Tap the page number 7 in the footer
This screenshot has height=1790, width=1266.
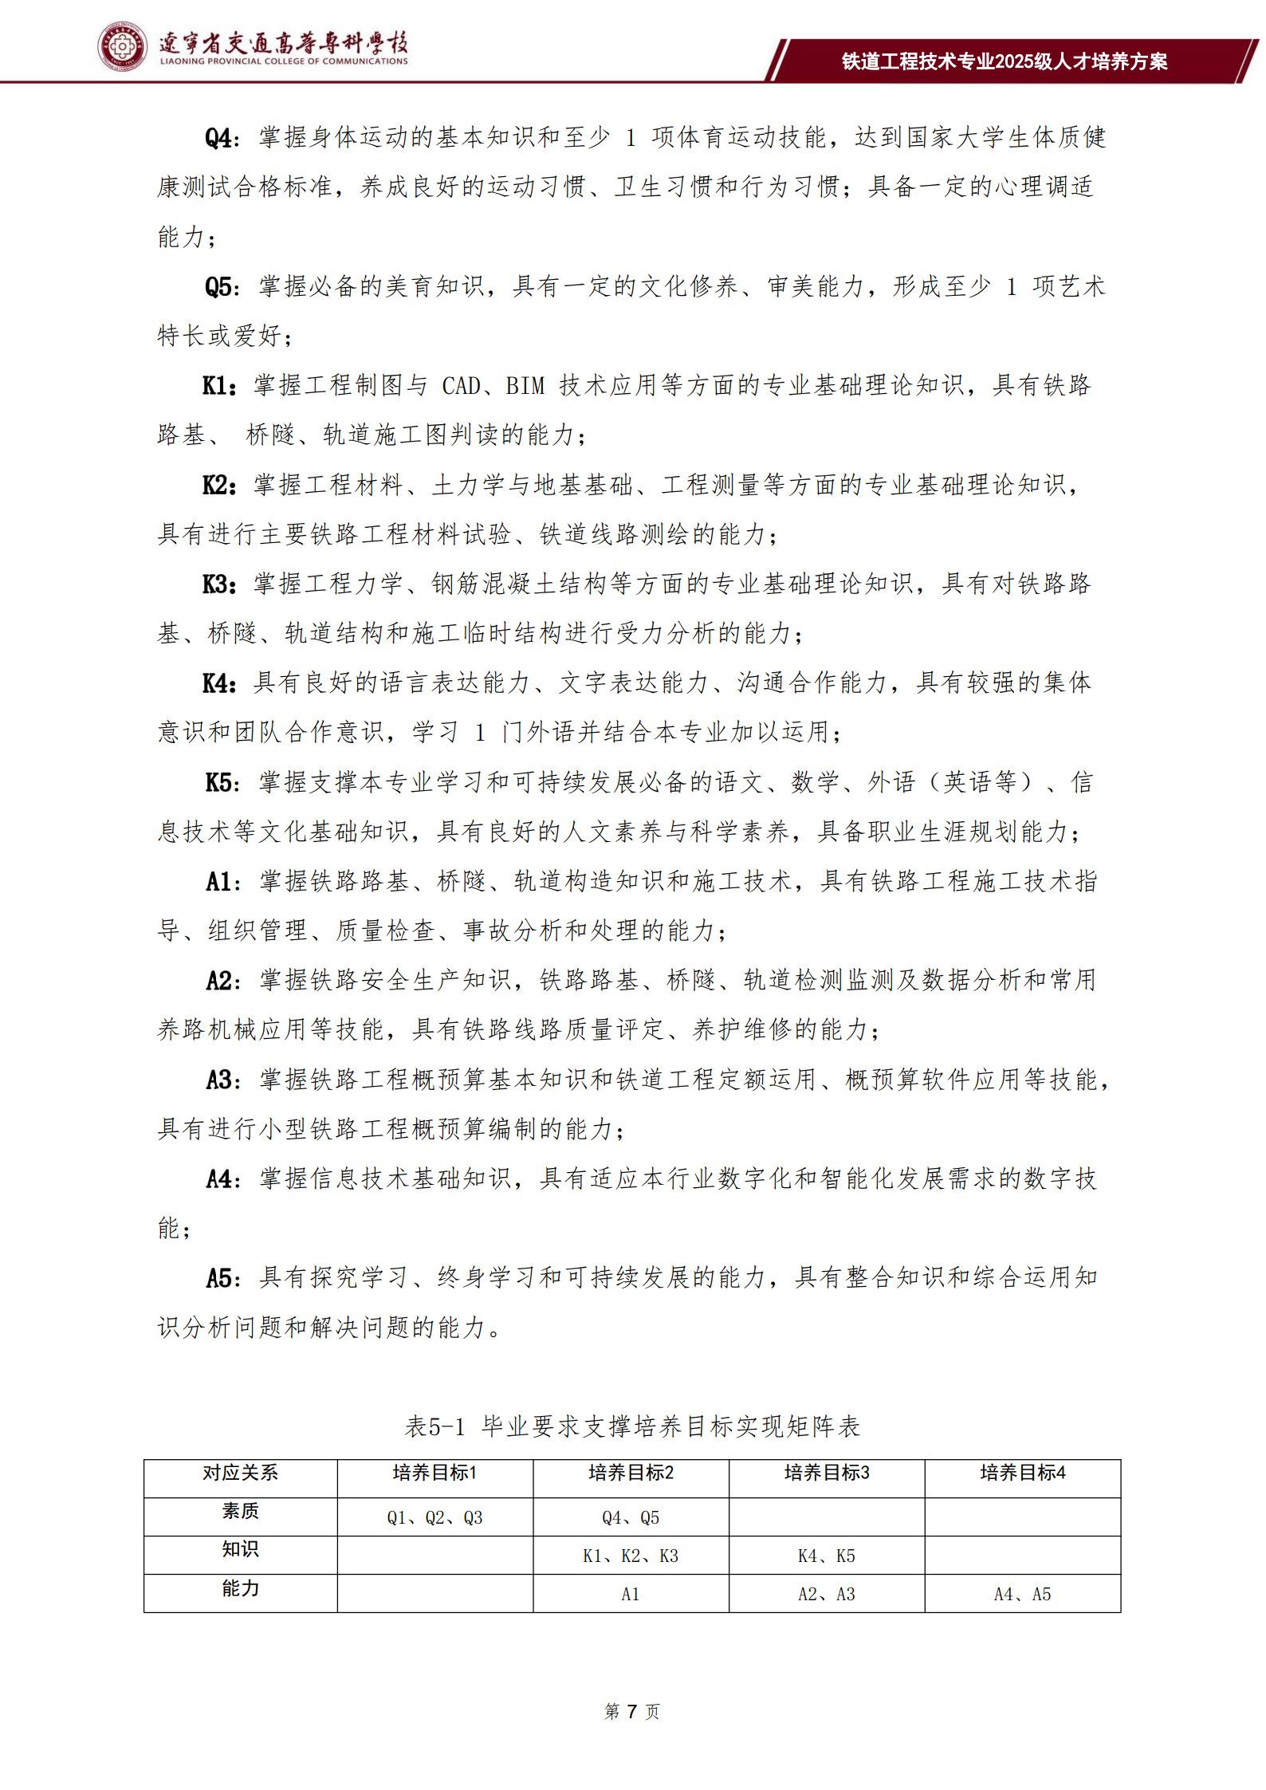coord(631,1711)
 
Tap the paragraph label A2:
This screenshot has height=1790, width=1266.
coord(222,981)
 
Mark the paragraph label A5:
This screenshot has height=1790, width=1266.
coord(222,1279)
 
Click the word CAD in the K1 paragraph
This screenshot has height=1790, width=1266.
coord(461,386)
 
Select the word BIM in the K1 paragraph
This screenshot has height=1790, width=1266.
coord(525,386)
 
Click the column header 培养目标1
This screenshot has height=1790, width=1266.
coord(434,1473)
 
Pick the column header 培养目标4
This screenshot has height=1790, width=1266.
coord(1022,1473)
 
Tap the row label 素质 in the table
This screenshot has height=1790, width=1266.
coord(240,1512)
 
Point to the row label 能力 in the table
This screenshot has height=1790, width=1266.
coord(240,1589)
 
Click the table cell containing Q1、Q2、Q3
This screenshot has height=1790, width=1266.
coord(434,1517)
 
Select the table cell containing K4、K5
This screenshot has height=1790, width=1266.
coord(826,1556)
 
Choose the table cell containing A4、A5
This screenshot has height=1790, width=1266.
coord(1022,1594)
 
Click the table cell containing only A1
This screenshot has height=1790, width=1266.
coord(631,1594)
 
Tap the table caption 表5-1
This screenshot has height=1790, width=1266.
coord(434,1426)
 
